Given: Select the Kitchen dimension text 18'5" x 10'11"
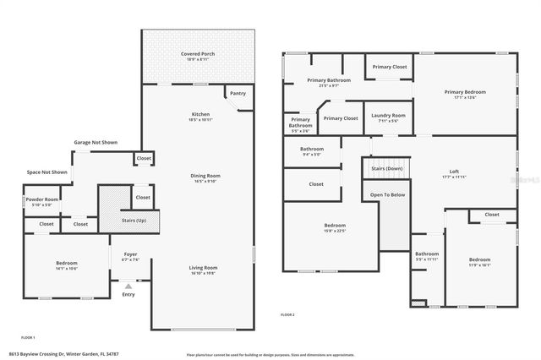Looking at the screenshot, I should tap(199, 121).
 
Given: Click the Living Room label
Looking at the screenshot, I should tap(203, 267).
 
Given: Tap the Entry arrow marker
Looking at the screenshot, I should tap(128, 288).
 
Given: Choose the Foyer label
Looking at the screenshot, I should tap(130, 254).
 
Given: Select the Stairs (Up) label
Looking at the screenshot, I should tap(134, 221).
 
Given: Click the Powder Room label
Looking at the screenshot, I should tap(41, 199).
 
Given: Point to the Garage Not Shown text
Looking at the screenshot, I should tap(95, 142).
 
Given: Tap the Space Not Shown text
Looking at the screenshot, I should tap(46, 172).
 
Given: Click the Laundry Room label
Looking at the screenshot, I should tap(388, 115).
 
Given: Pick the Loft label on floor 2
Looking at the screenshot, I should tap(454, 172).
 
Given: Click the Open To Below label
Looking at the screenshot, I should tap(387, 194).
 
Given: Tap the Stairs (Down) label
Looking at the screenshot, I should tap(386, 169).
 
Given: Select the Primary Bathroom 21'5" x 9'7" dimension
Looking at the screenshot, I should tap(322, 86).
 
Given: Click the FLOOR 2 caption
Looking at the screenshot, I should tap(287, 314).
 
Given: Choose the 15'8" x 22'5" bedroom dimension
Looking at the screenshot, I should tap(335, 231).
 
